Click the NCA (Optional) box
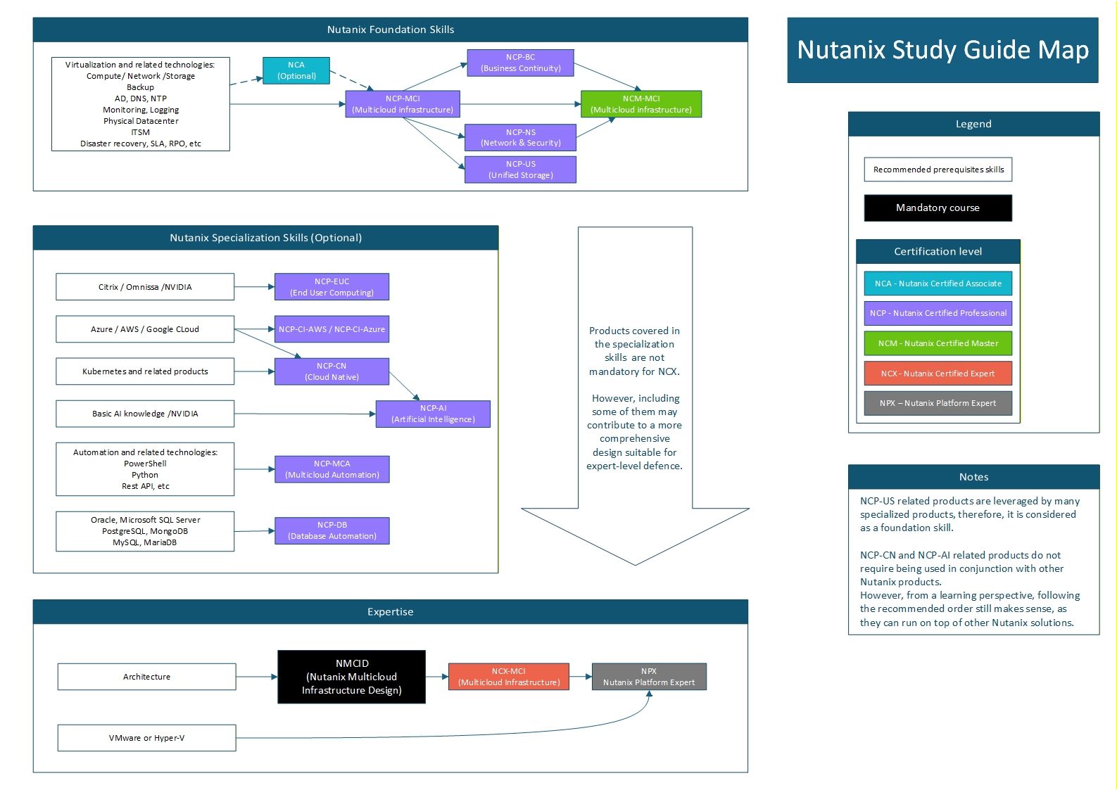pyautogui.click(x=296, y=70)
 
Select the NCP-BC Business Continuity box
pyautogui.click(x=520, y=63)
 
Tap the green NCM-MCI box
pyautogui.click(x=640, y=104)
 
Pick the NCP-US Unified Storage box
pyautogui.click(x=520, y=170)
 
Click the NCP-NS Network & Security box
pyautogui.click(x=520, y=137)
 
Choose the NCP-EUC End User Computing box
pyautogui.click(x=332, y=287)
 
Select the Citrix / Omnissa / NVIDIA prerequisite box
pyautogui.click(x=145, y=287)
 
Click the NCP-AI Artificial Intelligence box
pyautogui.click(x=433, y=414)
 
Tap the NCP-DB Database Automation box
pyautogui.click(x=332, y=530)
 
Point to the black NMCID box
pyautogui.click(x=351, y=677)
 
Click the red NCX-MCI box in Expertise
pyautogui.click(x=508, y=677)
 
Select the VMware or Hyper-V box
pyautogui.click(x=146, y=738)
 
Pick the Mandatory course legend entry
pyautogui.click(x=938, y=208)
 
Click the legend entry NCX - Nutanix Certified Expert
pyautogui.click(x=938, y=374)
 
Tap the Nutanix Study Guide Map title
pyautogui.click(x=942, y=50)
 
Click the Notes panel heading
pyautogui.click(x=973, y=477)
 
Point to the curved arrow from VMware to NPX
pyautogui.click(x=493, y=733)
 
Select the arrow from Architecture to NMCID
pyautogui.click(x=256, y=677)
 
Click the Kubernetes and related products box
pyautogui.click(x=145, y=371)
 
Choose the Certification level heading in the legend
pyautogui.click(x=938, y=252)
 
